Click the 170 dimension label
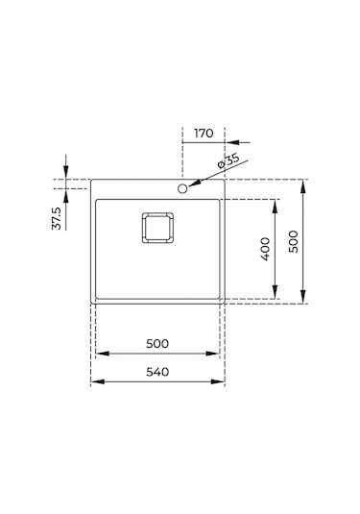[204, 134]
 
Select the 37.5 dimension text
[57, 218]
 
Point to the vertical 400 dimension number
[265, 249]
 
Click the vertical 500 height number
[294, 241]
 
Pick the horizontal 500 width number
[157, 344]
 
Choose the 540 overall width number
[157, 372]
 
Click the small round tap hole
[182, 188]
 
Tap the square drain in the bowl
[157, 228]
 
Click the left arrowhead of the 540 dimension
[97, 381]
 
